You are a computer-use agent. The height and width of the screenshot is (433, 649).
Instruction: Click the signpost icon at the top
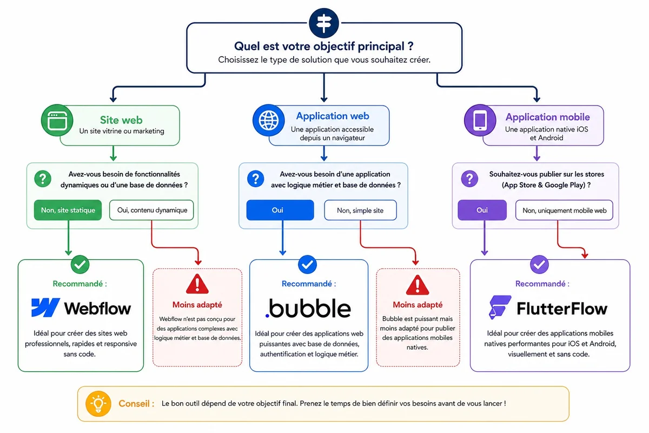(324, 22)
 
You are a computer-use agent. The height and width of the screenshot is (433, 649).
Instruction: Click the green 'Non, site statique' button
(68, 210)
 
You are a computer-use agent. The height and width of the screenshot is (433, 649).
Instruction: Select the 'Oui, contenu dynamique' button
(151, 210)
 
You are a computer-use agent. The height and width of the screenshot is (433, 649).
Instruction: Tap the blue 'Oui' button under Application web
(280, 210)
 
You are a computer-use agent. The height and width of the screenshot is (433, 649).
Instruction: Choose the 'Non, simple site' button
(360, 210)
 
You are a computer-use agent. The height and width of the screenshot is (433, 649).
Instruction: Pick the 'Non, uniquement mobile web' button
(564, 210)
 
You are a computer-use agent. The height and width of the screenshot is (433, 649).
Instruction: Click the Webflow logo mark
(45, 307)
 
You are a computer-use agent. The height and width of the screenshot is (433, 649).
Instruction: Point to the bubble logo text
(308, 308)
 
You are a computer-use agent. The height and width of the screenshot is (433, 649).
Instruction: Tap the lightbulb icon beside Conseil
(98, 404)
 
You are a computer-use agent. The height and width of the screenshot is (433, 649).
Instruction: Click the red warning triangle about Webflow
(197, 284)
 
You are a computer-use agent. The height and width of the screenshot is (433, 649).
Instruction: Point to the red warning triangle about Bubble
(417, 284)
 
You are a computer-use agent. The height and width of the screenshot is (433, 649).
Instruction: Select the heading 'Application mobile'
(547, 117)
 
